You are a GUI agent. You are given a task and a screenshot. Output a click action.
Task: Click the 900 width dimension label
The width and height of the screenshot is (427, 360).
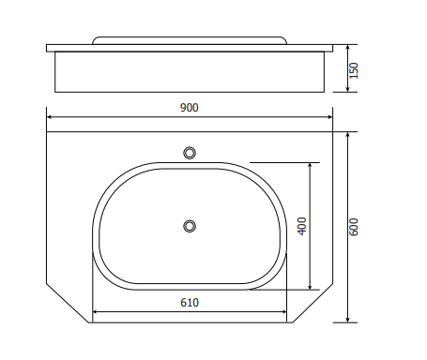coord(190,108)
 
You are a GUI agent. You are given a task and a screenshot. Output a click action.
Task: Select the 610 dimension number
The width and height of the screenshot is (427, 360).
coord(190,303)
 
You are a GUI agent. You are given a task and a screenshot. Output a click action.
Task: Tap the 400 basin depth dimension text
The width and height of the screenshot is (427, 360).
coord(302,226)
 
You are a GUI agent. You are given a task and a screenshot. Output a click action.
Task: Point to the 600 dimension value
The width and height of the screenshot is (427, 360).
coord(353,227)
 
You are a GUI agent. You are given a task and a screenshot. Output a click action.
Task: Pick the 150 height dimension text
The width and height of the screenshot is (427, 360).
coord(353,70)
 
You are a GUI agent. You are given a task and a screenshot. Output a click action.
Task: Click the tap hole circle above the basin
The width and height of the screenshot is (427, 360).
coord(190,153)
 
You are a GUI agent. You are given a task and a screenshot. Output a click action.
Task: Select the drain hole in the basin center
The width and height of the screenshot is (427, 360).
coord(190,226)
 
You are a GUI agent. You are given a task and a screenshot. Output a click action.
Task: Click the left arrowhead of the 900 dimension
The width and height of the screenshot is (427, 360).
coord(49,117)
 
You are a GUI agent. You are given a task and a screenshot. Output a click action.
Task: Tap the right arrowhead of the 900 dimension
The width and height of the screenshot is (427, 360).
coord(330,117)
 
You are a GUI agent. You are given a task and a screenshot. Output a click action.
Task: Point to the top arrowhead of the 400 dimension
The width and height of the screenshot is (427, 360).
coord(310,166)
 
